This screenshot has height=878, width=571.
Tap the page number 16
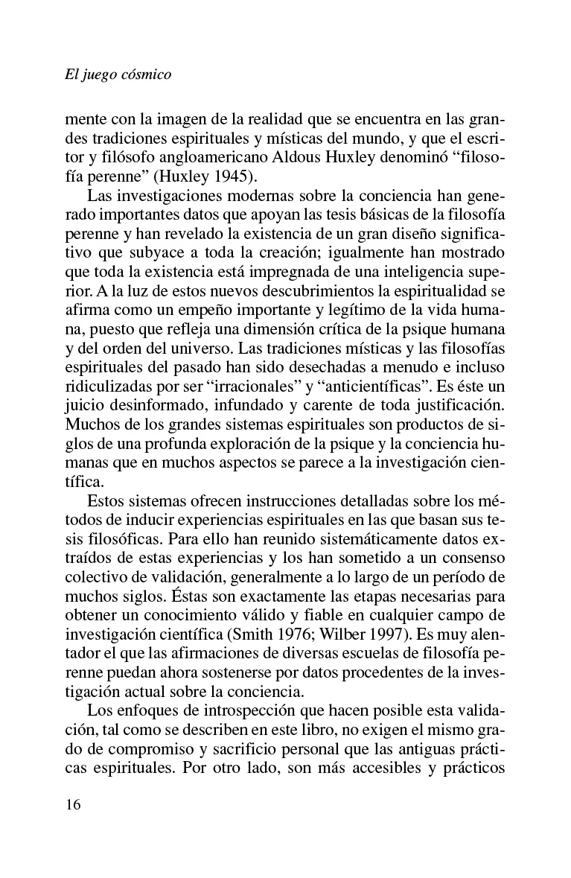(74, 805)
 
